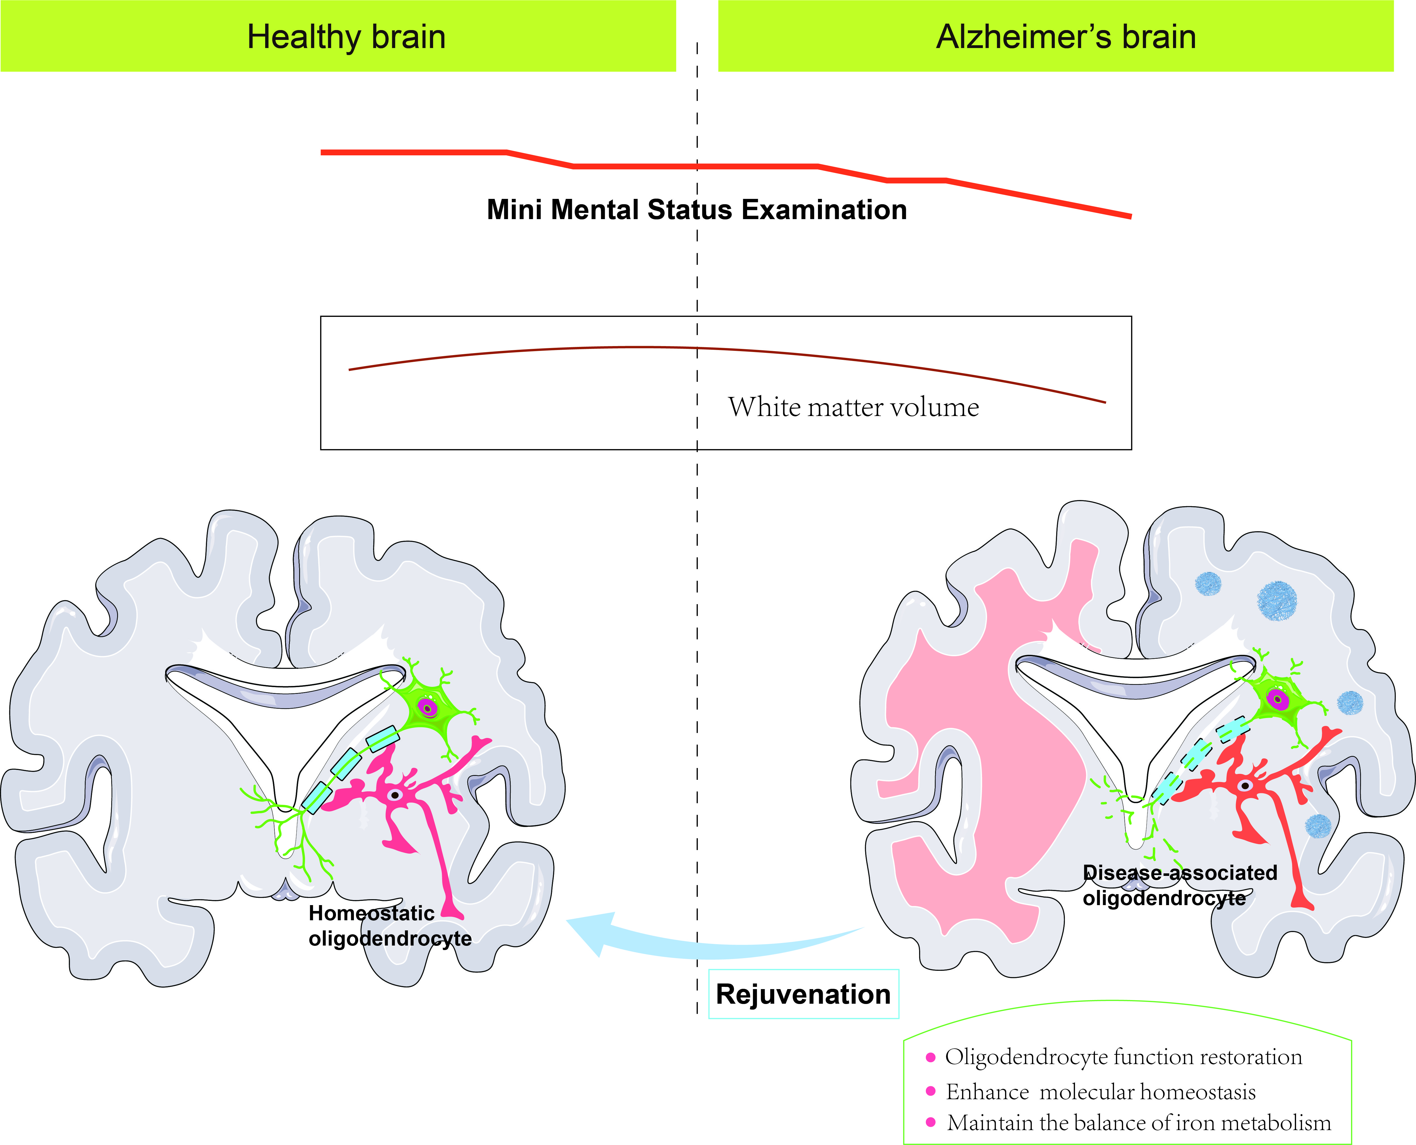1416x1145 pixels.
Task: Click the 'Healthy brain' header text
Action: pos(346,37)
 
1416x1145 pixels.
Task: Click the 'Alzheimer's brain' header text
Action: pos(1066,37)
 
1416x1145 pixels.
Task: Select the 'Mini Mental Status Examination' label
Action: pos(696,210)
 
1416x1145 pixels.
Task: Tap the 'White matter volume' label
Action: pos(853,407)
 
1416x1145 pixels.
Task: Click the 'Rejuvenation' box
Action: pos(803,994)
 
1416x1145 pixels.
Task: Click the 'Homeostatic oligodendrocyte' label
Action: pos(389,925)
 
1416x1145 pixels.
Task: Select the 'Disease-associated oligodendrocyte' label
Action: pos(1179,885)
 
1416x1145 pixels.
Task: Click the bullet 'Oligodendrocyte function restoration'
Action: pos(1123,1057)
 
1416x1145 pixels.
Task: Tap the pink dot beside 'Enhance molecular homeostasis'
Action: pos(931,1091)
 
